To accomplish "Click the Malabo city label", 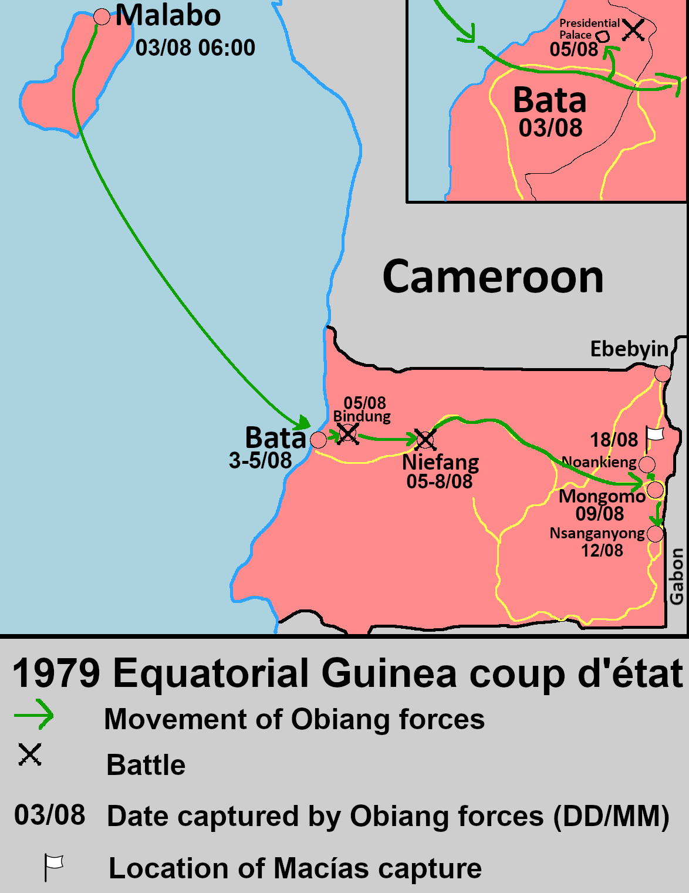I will coord(168,15).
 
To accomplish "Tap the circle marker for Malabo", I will coord(102,17).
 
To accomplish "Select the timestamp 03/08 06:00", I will coord(195,48).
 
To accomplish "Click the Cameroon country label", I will coord(493,277).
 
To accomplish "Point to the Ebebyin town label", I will coord(629,349).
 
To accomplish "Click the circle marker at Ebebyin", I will coord(663,373).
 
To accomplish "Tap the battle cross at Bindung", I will coord(347,434).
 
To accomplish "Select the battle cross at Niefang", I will coord(425,439).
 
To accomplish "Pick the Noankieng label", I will coord(599,462).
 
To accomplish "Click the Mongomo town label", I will coord(602,496).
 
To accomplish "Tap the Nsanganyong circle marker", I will coord(655,534).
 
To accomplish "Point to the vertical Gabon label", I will coord(677,576).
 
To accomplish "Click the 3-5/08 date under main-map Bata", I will coord(260,460).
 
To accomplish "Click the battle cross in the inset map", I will coord(633,29).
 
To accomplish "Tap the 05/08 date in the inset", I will coord(573,49).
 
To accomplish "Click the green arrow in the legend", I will coord(34,714).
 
